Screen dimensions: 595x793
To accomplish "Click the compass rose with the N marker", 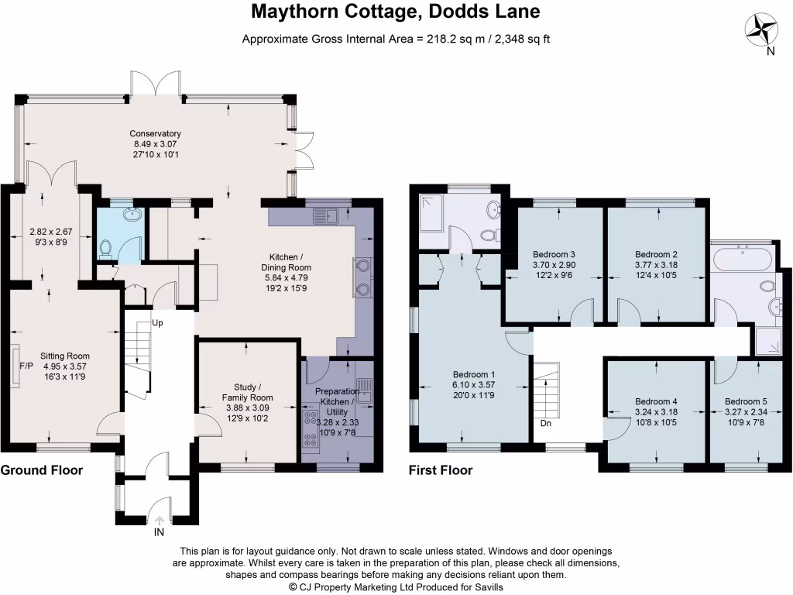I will tap(762, 32).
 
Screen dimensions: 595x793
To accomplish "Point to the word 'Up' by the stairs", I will tap(157, 322).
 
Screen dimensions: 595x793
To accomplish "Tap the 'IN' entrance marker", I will tap(160, 533).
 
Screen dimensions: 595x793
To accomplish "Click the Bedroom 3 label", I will tap(554, 254).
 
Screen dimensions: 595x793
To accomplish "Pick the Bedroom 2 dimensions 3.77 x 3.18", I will tap(656, 266).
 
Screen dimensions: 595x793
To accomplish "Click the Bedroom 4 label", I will tap(656, 401).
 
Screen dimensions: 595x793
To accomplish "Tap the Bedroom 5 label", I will tap(746, 401).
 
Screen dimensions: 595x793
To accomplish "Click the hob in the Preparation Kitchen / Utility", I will tap(312, 430).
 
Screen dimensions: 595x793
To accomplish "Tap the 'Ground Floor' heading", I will tap(41, 470).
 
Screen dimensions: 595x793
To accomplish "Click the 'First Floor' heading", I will tap(441, 470).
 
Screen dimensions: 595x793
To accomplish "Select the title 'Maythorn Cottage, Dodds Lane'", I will tap(396, 12).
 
